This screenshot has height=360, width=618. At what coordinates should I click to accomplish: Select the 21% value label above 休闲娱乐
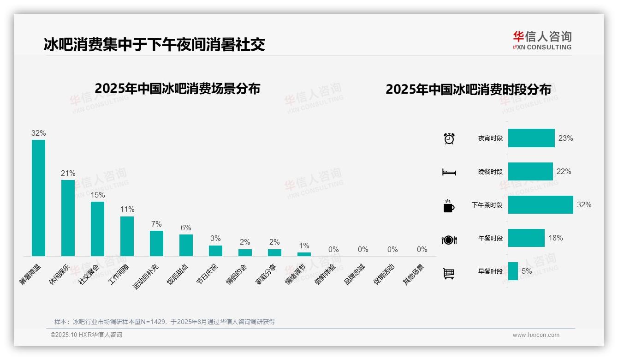click(x=68, y=174)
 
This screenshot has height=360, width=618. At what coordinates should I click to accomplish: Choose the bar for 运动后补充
click(x=156, y=243)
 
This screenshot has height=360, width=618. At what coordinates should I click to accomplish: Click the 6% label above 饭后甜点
click(x=186, y=228)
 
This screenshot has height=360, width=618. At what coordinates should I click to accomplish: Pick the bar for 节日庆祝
click(x=215, y=251)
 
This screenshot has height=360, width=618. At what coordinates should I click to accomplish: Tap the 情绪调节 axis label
click(x=295, y=274)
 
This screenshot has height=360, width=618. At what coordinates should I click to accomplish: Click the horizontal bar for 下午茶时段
click(x=541, y=204)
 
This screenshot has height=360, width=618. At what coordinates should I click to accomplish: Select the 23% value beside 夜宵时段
click(x=565, y=138)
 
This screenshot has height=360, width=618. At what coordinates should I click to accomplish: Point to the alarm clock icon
click(x=449, y=138)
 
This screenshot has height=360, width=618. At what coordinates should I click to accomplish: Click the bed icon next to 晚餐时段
click(x=449, y=172)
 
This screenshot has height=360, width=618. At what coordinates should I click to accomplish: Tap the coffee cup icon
click(x=449, y=206)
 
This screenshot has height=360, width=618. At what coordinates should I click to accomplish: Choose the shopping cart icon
click(x=449, y=273)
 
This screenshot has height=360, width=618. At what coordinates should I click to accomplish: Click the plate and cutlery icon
click(x=449, y=240)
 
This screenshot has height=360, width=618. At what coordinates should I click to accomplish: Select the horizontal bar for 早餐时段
click(x=513, y=271)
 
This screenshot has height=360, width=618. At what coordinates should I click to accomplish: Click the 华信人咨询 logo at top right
click(x=542, y=40)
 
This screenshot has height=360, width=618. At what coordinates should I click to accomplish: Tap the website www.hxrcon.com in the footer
click(x=536, y=335)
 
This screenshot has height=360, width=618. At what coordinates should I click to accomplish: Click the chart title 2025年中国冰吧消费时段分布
click(x=468, y=90)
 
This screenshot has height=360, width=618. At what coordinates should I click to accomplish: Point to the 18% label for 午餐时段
click(x=555, y=238)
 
